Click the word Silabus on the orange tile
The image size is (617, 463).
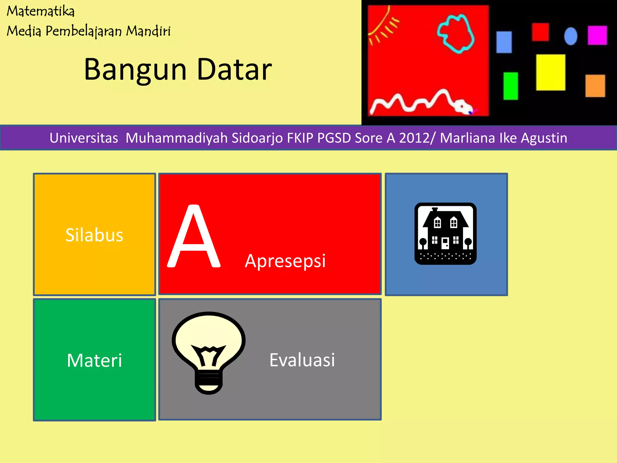(94, 235)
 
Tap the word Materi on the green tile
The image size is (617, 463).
(94, 360)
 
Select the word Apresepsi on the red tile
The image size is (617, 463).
(285, 261)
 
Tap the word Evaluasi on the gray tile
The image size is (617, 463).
(302, 360)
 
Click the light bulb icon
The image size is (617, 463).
(208, 350)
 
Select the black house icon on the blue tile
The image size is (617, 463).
(445, 234)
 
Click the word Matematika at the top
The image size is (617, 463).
(41, 11)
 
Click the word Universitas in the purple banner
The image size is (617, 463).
(84, 138)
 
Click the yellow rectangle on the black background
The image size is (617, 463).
(550, 72)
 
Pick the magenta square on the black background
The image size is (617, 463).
(597, 35)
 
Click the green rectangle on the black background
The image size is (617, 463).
(510, 86)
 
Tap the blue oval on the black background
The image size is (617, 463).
(570, 36)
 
